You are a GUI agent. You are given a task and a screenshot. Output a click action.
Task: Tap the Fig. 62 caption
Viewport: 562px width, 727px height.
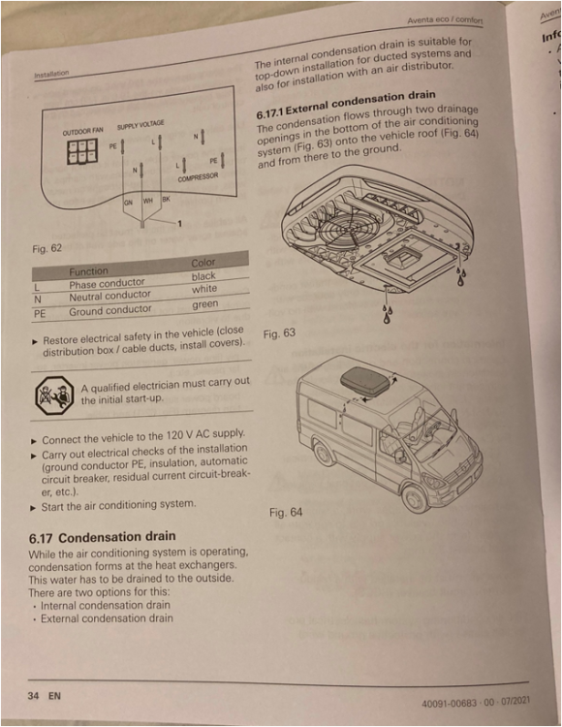(x=46, y=249)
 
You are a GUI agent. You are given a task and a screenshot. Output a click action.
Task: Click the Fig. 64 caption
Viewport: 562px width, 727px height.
(x=285, y=512)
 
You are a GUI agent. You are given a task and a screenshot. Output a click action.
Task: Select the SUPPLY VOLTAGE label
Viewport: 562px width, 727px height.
(x=140, y=125)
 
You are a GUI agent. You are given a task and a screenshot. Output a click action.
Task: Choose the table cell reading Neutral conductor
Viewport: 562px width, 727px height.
(x=109, y=296)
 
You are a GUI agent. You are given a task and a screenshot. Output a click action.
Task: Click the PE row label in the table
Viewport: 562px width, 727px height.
(x=40, y=313)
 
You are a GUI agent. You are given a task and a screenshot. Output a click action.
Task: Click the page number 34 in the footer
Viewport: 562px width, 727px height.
(x=38, y=695)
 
